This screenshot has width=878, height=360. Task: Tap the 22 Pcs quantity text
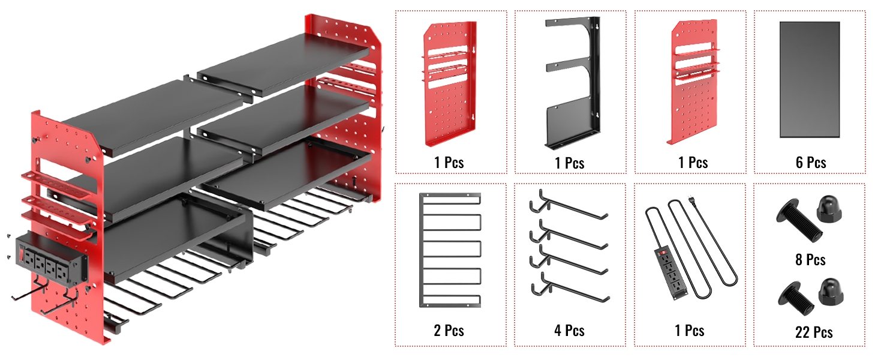(814, 332)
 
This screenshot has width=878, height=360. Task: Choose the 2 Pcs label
(449, 331)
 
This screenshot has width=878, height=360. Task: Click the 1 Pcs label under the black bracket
(569, 163)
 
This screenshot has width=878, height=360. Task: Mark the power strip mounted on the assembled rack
(52, 259)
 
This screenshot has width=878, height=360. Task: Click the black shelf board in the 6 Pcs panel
(810, 79)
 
